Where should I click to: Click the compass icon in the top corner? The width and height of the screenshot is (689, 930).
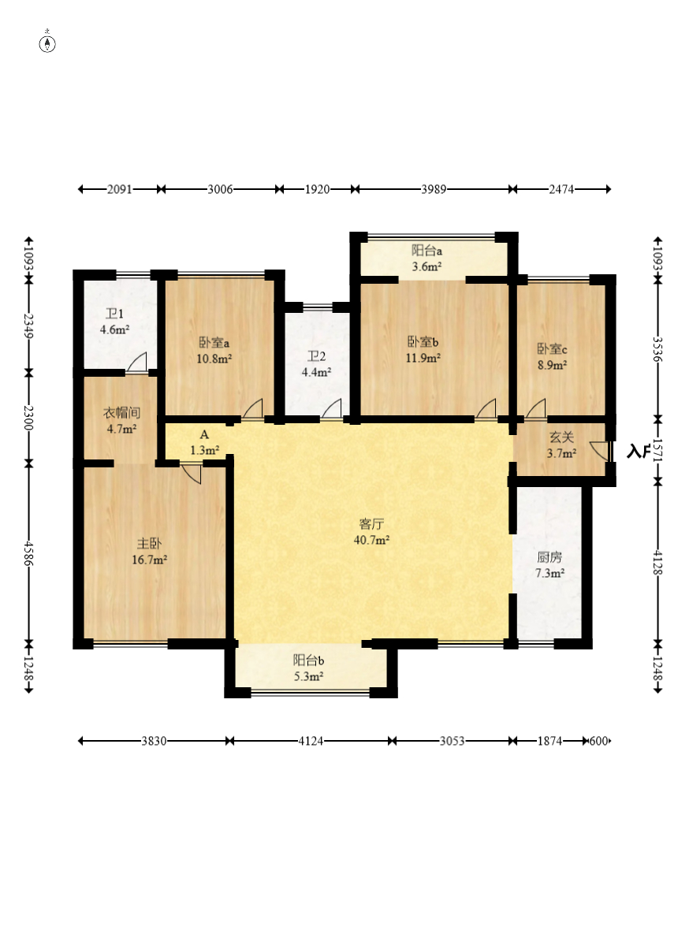47,43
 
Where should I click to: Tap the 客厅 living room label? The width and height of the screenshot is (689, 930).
372,524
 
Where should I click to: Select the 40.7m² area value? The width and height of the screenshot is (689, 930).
371,540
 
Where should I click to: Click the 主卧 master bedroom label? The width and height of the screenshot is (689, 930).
149,543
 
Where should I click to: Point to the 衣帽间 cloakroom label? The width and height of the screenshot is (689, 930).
121,413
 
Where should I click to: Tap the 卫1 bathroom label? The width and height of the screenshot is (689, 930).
114,314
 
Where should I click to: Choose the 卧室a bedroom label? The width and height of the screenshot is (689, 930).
214,342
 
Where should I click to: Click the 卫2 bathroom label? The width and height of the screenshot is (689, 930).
316,356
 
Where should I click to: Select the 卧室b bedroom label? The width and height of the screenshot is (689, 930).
423,341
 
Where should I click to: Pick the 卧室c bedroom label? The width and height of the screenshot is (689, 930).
552,348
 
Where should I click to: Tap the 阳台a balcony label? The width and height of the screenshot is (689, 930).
426,251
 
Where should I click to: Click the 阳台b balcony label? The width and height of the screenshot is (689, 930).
308,660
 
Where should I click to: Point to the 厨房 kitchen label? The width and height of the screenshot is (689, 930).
549,557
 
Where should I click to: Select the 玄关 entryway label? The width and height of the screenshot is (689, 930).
561,437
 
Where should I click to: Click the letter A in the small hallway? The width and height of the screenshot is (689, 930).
204,435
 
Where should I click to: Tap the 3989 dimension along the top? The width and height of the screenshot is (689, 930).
434,189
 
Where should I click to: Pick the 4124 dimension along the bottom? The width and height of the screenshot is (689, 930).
311,741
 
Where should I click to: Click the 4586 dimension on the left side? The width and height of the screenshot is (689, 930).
28,552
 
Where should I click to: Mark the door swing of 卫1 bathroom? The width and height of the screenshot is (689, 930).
137,363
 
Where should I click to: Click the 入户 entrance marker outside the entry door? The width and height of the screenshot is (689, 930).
639,452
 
